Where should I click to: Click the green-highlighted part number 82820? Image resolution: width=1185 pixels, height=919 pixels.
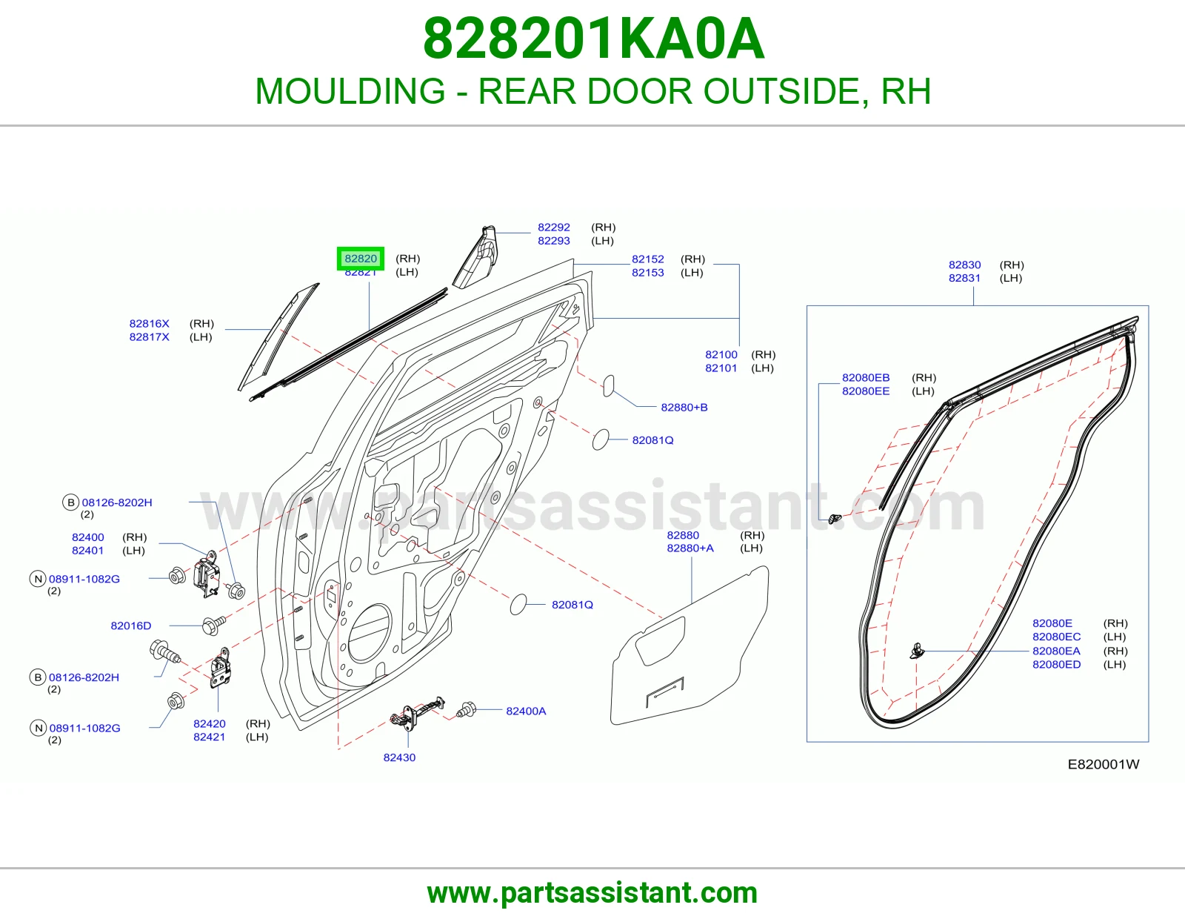tap(361, 258)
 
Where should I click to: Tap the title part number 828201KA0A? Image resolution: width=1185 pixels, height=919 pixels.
tap(593, 39)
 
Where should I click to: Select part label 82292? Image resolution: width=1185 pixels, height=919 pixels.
tap(553, 227)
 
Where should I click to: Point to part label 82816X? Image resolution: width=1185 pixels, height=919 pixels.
tap(149, 324)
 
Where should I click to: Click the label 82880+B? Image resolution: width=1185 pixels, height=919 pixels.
tap(684, 407)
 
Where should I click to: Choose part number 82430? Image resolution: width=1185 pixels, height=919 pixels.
tap(399, 757)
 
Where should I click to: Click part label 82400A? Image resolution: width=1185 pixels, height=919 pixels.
tap(526, 711)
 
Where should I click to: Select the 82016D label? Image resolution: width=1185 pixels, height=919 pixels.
tap(131, 626)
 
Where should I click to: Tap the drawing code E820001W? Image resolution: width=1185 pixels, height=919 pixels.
tap(1104, 765)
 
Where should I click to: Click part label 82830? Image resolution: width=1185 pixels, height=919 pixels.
tap(965, 265)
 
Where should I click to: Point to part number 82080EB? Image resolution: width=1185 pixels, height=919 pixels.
tap(866, 378)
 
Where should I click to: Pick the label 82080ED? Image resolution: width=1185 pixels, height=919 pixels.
tap(1056, 665)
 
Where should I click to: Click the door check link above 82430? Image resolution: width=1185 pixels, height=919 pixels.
tap(418, 712)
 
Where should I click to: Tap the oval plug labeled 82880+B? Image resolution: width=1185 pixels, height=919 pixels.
tap(608, 386)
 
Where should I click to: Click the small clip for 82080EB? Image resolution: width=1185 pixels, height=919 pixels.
tap(835, 518)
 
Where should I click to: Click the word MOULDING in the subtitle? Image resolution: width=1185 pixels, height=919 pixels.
tap(350, 91)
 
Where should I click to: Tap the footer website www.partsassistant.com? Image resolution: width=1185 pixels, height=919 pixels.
tap(592, 893)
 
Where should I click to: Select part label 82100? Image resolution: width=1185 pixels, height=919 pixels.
tap(721, 355)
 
